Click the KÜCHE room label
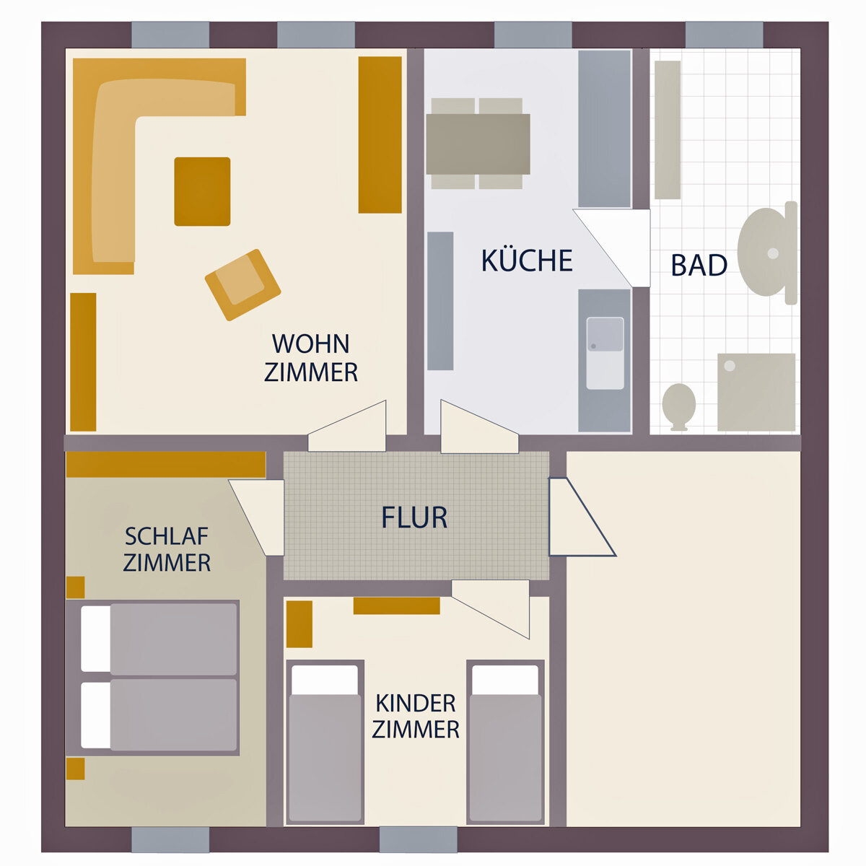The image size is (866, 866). pyautogui.click(x=527, y=260)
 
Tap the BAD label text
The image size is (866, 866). pyautogui.click(x=699, y=265)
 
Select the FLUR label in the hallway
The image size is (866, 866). pyautogui.click(x=414, y=517)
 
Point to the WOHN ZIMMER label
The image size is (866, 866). pyautogui.click(x=311, y=358)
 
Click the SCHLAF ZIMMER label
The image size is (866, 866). pyautogui.click(x=167, y=549)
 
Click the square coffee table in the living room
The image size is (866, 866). pyautogui.click(x=202, y=191)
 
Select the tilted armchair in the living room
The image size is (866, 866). pyautogui.click(x=242, y=285)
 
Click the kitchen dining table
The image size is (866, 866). pyautogui.click(x=478, y=144)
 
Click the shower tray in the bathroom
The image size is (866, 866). pyautogui.click(x=756, y=393)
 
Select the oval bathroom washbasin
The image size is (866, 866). pyautogui.click(x=764, y=252)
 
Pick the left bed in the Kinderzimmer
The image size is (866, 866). pyautogui.click(x=325, y=742)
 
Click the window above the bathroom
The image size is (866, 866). pyautogui.click(x=724, y=35)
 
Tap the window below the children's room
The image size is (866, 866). pyautogui.click(x=419, y=839)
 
